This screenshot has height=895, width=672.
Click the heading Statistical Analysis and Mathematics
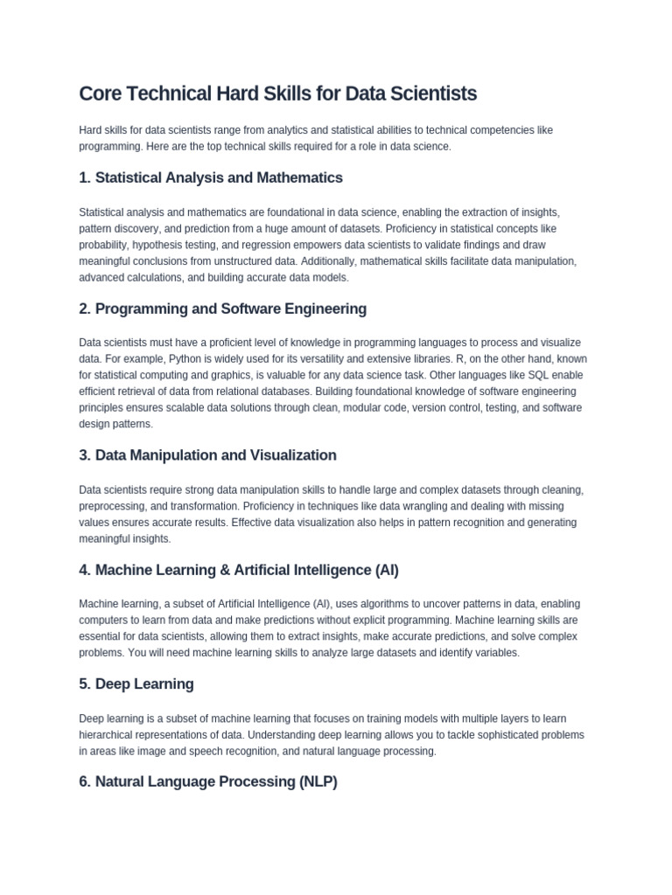point(210,177)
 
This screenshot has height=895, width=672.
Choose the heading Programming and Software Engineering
point(222,309)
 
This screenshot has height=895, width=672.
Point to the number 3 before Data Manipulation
point(84,455)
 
